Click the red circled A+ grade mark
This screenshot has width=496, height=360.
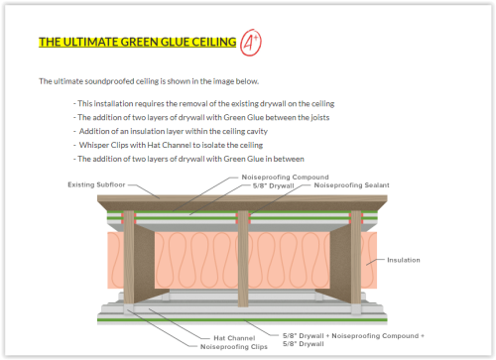click(251, 43)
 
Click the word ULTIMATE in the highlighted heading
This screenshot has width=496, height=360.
click(89, 42)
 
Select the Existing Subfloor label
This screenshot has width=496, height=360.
click(96, 184)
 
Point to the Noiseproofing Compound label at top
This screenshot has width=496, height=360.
click(285, 177)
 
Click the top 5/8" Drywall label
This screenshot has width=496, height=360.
click(273, 185)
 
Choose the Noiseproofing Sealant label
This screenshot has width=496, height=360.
click(351, 184)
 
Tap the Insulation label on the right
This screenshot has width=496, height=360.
click(404, 260)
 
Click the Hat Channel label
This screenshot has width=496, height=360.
click(234, 338)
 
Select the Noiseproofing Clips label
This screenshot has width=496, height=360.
click(234, 346)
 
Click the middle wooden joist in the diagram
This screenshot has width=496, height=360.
click(243, 259)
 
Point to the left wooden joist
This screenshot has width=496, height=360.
click(129, 257)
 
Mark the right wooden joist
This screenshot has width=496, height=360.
click(356, 257)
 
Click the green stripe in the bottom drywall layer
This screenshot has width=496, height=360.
click(242, 319)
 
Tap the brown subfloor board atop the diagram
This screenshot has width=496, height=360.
click(242, 202)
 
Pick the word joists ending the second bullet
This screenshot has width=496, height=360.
click(320, 117)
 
